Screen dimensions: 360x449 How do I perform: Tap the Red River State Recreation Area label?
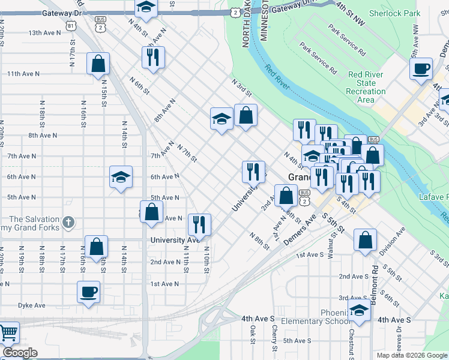click(367, 87)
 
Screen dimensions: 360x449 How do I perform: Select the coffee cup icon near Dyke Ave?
click(88, 292)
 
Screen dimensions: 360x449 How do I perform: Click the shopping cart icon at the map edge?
click(8, 333)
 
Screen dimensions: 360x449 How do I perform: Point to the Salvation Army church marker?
click(68, 223)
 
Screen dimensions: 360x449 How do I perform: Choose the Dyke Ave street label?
click(31, 305)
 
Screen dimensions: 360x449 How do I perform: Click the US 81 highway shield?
click(72, 26)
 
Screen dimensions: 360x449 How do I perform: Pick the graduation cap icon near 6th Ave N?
click(121, 178)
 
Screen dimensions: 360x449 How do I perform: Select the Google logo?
click(19, 353)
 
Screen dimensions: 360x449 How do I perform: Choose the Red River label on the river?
click(277, 79)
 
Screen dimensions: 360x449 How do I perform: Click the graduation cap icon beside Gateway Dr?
click(145, 8)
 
